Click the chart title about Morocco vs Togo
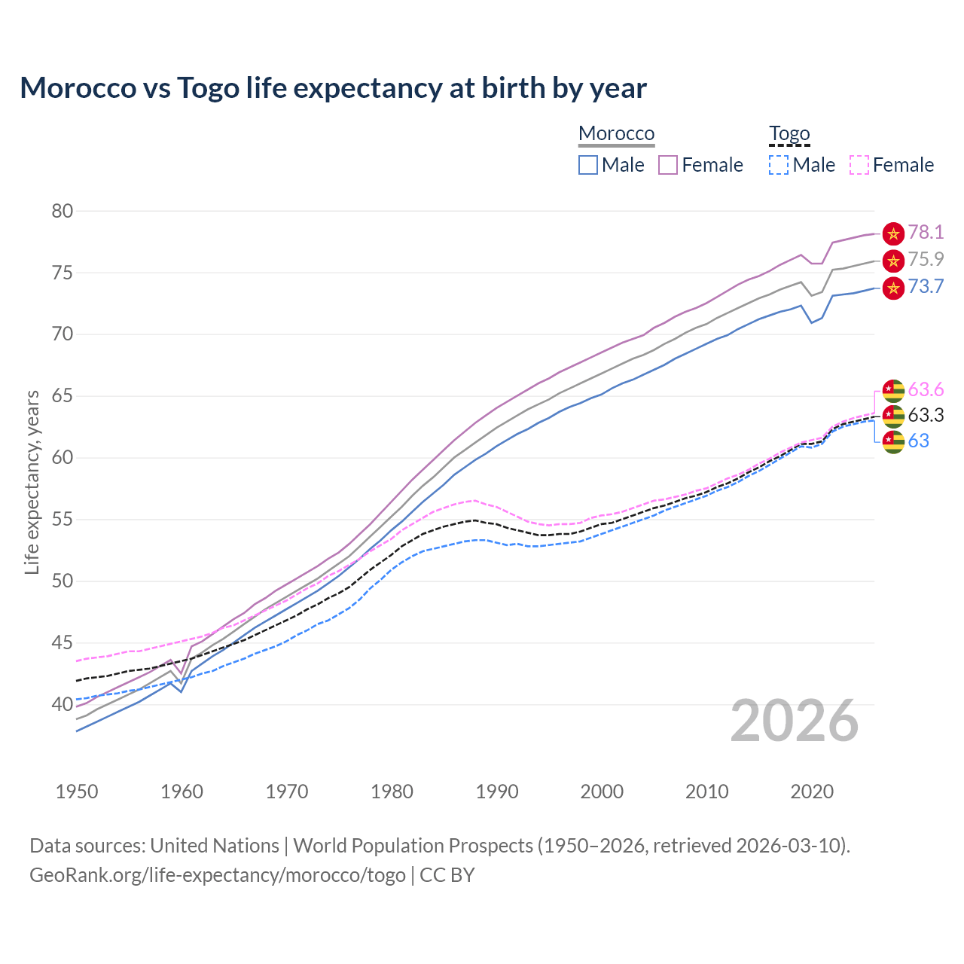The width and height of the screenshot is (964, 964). pyautogui.click(x=333, y=88)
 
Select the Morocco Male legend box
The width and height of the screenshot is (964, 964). pyautogui.click(x=588, y=165)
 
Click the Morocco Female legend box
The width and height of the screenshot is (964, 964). pyautogui.click(x=668, y=165)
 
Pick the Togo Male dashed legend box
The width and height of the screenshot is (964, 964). pyautogui.click(x=779, y=165)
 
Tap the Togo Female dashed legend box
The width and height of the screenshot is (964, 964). pyautogui.click(x=859, y=165)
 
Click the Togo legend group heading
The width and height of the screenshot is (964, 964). pyautogui.click(x=789, y=133)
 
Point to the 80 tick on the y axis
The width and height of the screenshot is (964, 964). pyautogui.click(x=63, y=211)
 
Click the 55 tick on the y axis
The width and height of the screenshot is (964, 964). pyautogui.click(x=63, y=520)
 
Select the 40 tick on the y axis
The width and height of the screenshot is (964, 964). pyautogui.click(x=63, y=705)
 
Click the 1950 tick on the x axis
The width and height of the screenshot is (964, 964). pyautogui.click(x=77, y=792)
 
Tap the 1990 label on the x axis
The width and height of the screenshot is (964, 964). pyautogui.click(x=497, y=792)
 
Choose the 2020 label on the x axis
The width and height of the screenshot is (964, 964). pyautogui.click(x=812, y=792)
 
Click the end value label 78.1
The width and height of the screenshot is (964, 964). pyautogui.click(x=926, y=233)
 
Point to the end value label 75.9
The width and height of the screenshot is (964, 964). pyautogui.click(x=926, y=260)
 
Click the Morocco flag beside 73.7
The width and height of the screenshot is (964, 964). pyautogui.click(x=893, y=288)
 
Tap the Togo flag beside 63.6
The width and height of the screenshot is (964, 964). pyautogui.click(x=893, y=390)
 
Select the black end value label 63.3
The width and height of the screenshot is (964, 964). pyautogui.click(x=926, y=416)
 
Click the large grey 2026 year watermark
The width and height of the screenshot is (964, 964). pyautogui.click(x=795, y=721)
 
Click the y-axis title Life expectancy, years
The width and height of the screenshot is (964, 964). pyautogui.click(x=32, y=482)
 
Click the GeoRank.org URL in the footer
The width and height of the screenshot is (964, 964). pyautogui.click(x=218, y=875)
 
